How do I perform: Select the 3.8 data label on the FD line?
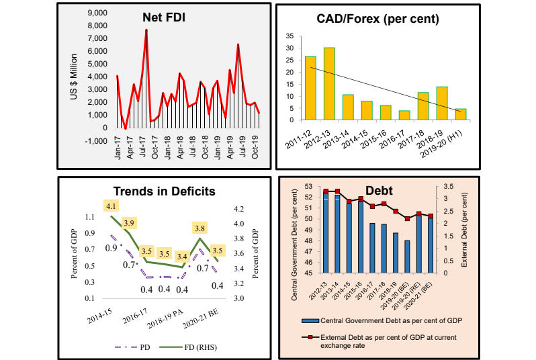[x=200, y=228]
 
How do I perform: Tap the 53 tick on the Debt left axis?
[x=309, y=186]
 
